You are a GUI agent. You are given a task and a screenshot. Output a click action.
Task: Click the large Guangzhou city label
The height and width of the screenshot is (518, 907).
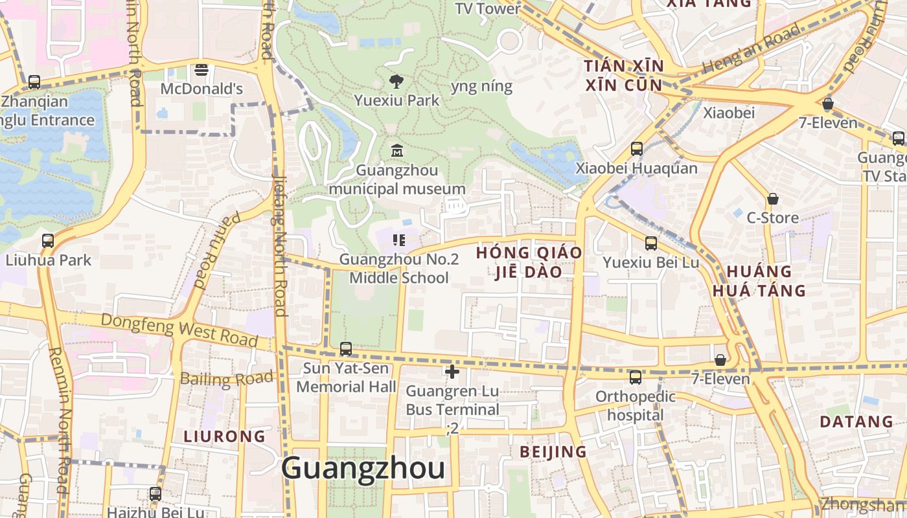363,468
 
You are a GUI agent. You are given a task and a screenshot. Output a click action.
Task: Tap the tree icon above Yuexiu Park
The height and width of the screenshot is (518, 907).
396,81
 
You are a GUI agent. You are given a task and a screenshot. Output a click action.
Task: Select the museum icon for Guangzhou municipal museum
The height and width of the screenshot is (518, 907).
396,151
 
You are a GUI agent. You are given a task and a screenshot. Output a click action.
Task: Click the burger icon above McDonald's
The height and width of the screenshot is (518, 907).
201,69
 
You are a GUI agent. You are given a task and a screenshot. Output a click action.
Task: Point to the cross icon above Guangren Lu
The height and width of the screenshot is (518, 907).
452,372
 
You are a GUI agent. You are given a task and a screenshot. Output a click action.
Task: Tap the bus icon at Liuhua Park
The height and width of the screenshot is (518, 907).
48,241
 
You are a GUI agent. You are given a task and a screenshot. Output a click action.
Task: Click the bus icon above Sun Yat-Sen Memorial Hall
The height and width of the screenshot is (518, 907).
346,349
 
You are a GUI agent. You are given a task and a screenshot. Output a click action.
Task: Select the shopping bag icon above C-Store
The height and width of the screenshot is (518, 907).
772,199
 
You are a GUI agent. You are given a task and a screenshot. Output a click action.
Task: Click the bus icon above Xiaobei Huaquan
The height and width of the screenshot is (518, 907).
637,149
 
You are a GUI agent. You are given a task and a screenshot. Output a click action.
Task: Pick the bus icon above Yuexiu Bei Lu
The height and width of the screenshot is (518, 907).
651,243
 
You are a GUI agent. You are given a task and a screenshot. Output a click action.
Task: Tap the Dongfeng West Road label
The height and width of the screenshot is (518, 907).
179,329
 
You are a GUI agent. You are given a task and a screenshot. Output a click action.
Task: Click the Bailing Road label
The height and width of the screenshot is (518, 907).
227,379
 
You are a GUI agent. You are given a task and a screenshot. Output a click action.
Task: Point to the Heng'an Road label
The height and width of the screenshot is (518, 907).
752,49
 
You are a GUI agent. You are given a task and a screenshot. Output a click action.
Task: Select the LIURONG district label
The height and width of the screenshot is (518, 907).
224,436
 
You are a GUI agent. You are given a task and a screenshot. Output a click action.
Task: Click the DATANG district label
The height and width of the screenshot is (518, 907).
856,422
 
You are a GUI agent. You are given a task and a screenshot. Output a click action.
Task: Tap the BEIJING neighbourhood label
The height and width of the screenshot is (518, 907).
553,452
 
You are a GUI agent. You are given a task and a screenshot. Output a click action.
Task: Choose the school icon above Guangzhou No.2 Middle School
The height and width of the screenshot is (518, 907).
399,241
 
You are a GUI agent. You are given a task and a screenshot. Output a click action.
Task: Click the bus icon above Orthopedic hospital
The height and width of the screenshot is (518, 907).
636,377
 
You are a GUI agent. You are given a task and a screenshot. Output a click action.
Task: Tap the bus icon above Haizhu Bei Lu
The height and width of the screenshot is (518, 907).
155,494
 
